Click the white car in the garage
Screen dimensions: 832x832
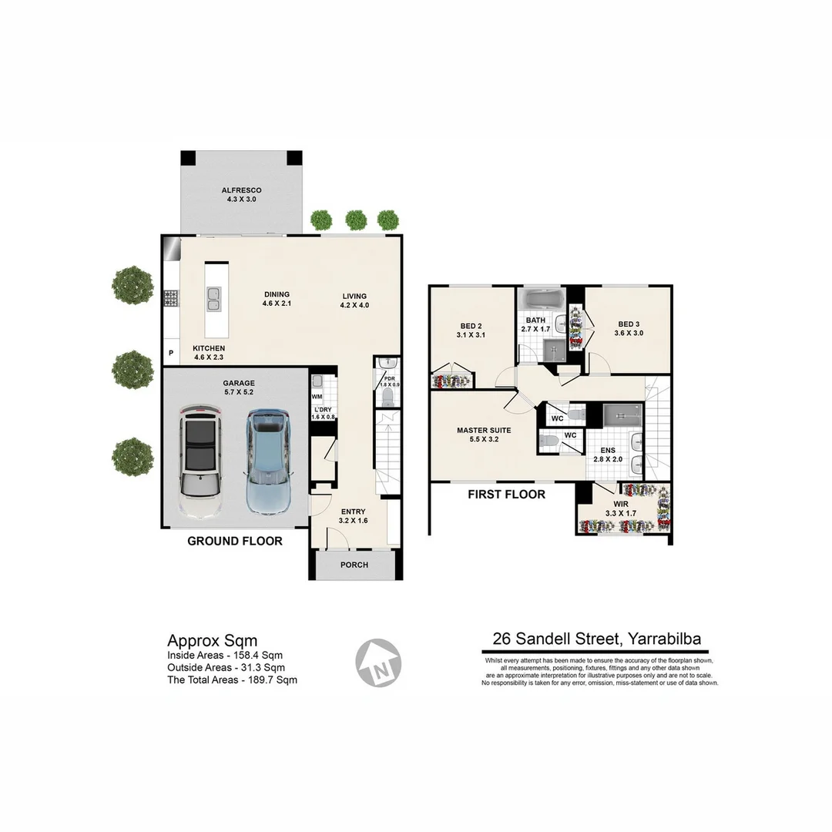201,462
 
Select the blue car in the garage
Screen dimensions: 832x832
267,462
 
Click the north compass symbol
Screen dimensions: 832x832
378,662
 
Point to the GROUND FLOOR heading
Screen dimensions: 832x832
235,542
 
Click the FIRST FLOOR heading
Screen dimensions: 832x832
506,495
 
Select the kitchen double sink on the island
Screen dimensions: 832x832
213,298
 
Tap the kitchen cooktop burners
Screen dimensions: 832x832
170,298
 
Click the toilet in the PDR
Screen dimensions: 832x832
388,396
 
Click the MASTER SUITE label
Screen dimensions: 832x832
483,435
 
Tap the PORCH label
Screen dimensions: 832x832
354,565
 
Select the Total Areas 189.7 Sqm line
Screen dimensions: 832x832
232,680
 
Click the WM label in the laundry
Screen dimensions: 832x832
317,397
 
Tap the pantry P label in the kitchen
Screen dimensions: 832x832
170,354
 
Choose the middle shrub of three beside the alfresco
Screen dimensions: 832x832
354,220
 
